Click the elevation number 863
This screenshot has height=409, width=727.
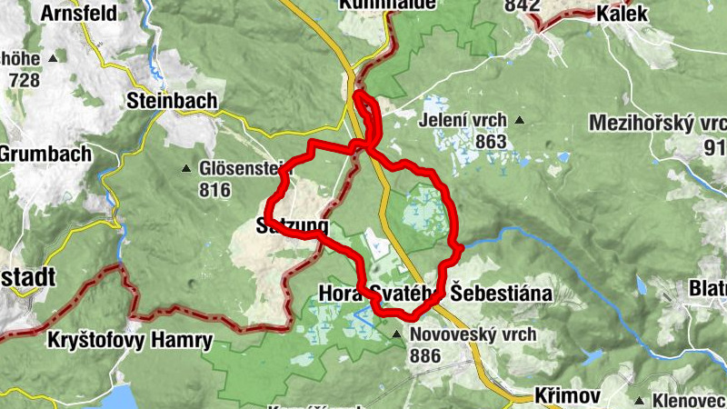(490, 141)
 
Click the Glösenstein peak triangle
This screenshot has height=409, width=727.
(186, 168)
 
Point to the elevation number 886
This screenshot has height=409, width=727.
(426, 355)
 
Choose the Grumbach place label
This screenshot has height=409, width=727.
(45, 154)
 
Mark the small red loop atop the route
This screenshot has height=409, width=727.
(366, 114)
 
